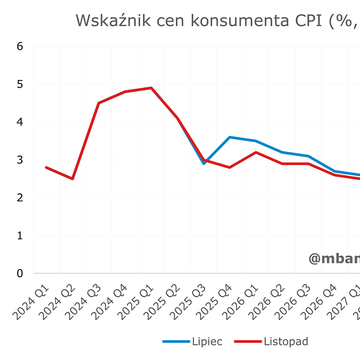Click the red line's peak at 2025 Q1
coord(151,88)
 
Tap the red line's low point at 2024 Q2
coord(72,179)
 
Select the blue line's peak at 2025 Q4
coord(230,137)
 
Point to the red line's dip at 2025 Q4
coord(230,167)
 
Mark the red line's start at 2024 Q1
coord(46,167)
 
